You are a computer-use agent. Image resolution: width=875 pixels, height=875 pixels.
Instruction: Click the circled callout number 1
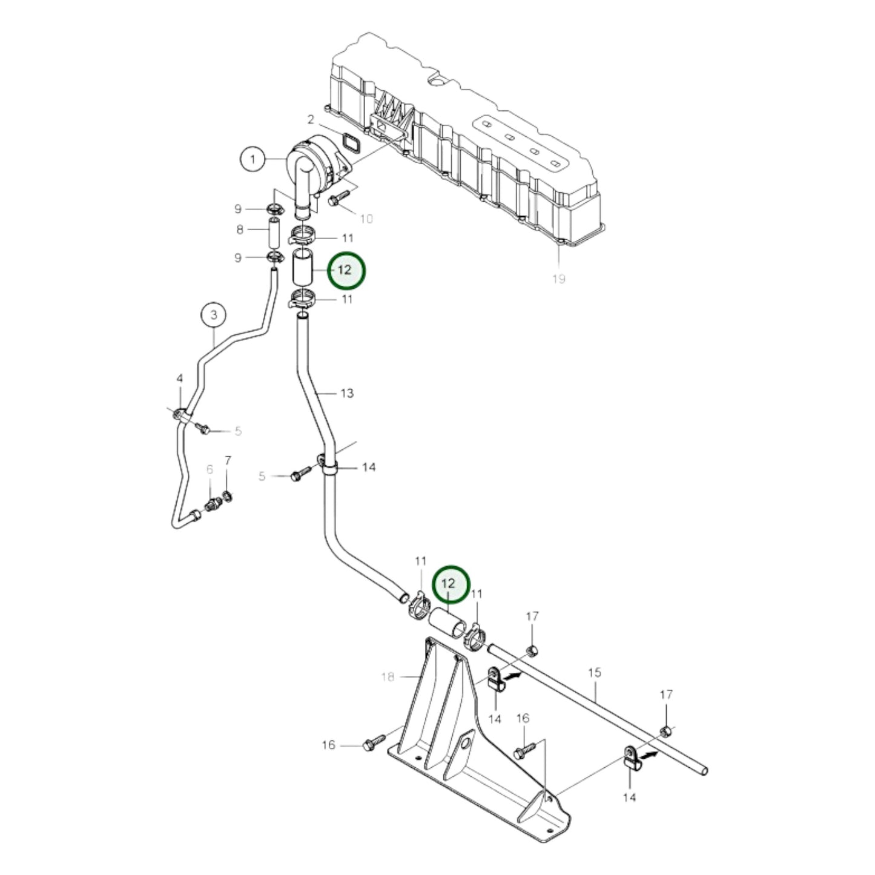(x=253, y=160)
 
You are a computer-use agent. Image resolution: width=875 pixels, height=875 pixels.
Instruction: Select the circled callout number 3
(x=213, y=315)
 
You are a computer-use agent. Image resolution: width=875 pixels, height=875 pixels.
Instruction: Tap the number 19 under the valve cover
(x=558, y=279)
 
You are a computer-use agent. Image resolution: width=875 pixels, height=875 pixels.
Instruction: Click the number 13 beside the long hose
(x=346, y=394)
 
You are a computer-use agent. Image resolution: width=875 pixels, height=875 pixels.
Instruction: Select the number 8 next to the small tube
(x=240, y=230)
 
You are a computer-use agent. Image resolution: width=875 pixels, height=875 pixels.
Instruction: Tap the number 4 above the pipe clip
(x=180, y=378)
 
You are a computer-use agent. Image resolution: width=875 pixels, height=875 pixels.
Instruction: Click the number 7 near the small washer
(x=228, y=461)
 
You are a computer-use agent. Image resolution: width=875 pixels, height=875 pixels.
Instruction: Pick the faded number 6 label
(x=210, y=469)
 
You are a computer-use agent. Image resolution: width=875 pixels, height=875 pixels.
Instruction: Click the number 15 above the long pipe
(x=595, y=673)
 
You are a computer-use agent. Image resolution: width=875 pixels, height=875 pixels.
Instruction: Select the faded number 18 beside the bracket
(x=388, y=677)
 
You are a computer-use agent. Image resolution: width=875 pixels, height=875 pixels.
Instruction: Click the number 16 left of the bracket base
(x=328, y=745)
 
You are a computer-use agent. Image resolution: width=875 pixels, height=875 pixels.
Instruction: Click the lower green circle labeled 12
(x=449, y=584)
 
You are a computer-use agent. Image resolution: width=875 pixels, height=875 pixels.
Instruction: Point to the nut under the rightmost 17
(x=665, y=728)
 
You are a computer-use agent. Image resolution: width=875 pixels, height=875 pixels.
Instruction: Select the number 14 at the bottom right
(x=630, y=797)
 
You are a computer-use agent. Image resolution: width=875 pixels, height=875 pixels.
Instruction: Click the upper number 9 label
(x=238, y=209)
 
